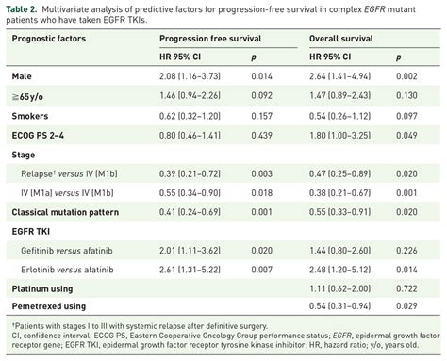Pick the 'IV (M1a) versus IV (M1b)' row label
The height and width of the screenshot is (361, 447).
76,189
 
